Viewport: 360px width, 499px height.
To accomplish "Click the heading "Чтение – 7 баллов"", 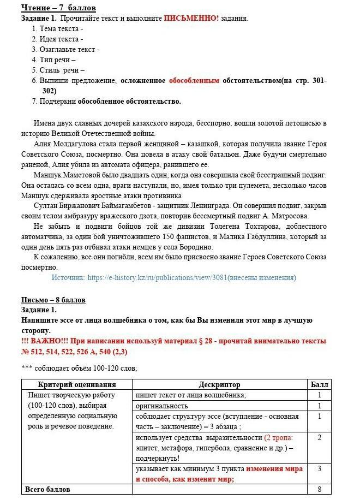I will point(58,8).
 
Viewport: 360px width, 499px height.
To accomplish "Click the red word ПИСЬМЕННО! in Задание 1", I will point(191,18).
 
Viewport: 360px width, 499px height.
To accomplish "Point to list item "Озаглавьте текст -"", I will point(69,49).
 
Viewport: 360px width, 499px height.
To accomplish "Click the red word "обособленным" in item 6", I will point(194,80).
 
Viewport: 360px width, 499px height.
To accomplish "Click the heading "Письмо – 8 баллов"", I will point(53,300).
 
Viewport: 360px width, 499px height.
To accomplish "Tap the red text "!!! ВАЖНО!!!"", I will point(46,341).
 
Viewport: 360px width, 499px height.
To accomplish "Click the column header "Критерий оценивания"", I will point(77,384).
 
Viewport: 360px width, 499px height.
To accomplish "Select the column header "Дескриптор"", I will point(219,384).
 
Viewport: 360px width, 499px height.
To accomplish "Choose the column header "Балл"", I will point(319,384).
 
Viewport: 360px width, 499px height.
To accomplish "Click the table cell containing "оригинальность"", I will point(162,406).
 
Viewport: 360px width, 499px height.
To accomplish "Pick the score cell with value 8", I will point(319,489).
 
